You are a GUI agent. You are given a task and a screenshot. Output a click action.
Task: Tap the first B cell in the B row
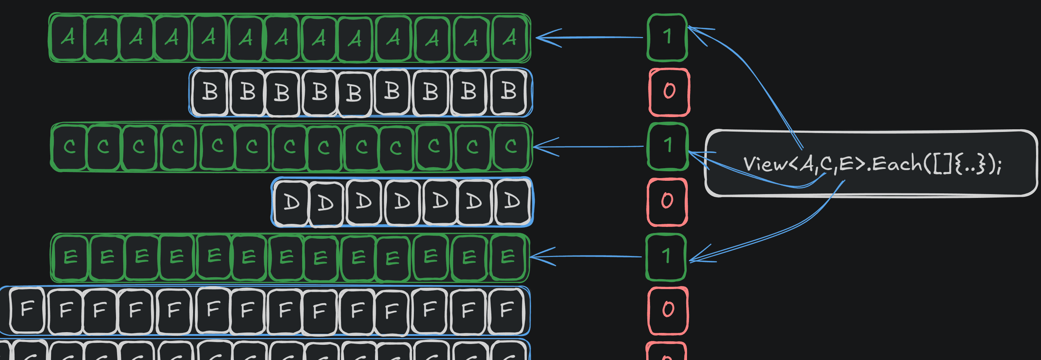(210, 92)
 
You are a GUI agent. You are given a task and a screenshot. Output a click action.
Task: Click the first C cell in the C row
(69, 147)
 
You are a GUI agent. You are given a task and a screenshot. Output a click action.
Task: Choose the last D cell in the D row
(512, 201)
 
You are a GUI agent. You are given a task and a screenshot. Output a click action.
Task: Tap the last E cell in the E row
(508, 257)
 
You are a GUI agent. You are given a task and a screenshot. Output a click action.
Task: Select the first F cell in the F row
(27, 310)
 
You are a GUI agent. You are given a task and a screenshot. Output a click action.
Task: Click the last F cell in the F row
(507, 310)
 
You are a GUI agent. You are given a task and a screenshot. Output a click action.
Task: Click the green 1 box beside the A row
(667, 37)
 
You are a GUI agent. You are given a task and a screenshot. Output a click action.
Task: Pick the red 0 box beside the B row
(669, 92)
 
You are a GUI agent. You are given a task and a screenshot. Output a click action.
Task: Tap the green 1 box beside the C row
(668, 146)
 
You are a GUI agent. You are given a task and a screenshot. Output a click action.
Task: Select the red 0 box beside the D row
(667, 201)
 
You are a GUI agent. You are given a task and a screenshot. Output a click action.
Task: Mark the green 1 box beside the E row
(666, 257)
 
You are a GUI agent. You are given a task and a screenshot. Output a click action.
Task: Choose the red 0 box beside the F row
(668, 310)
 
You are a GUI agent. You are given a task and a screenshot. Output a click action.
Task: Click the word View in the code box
(765, 164)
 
